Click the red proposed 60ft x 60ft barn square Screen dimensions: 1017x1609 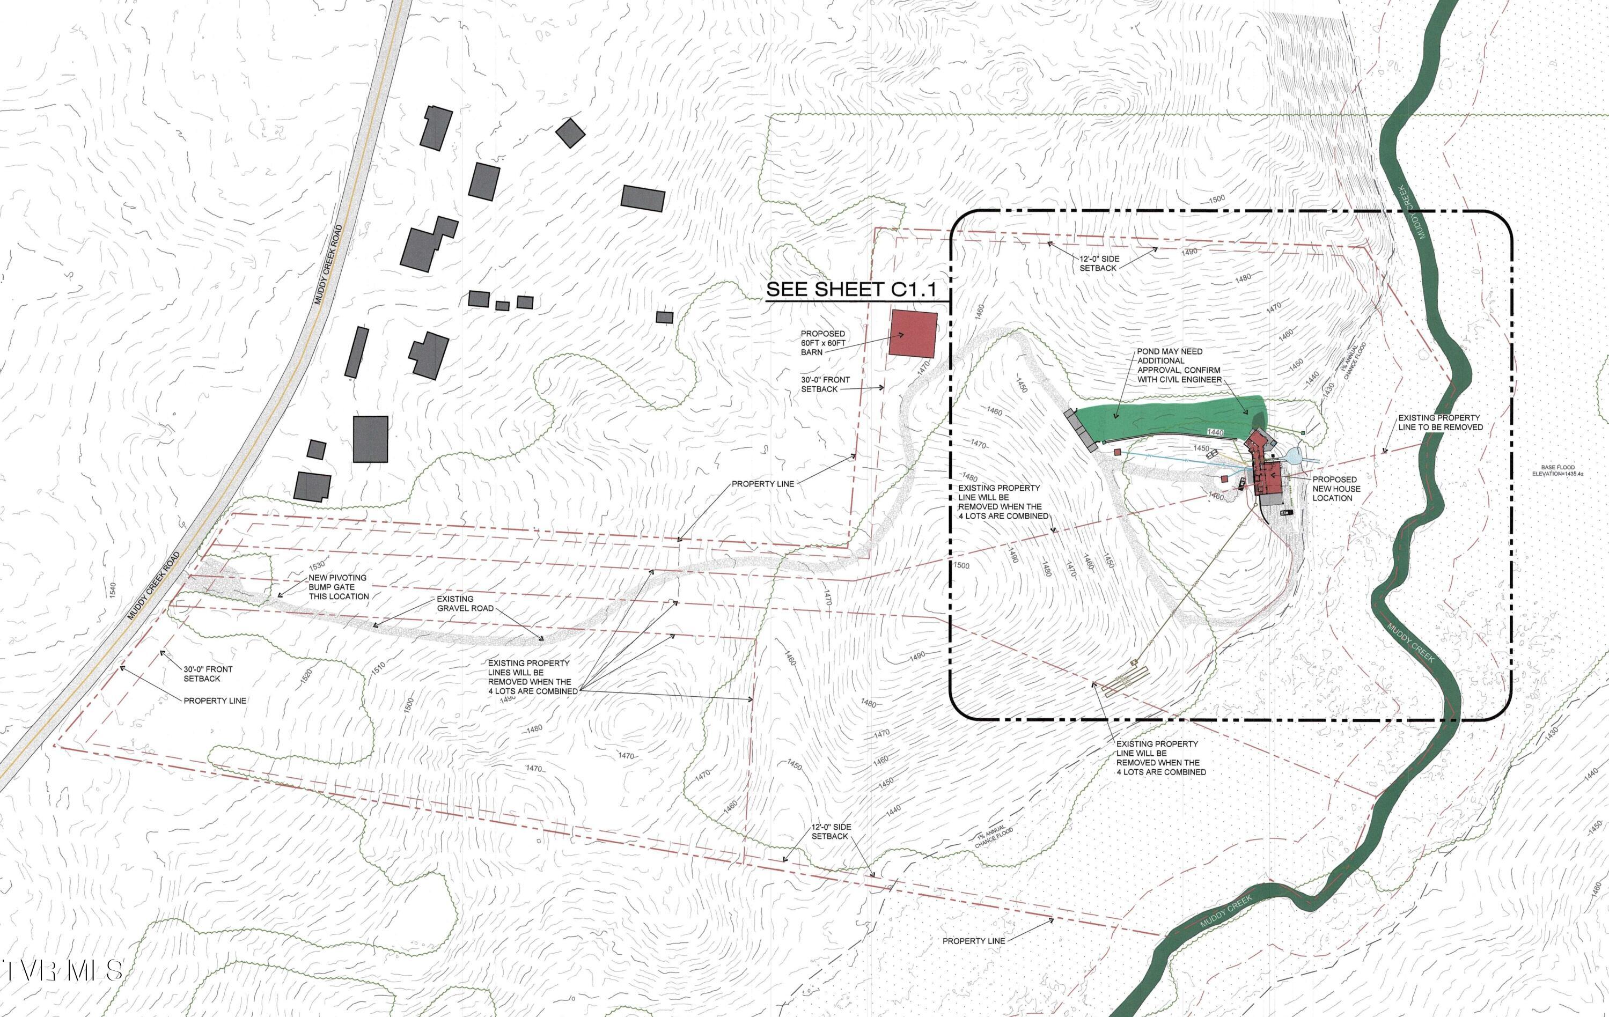[x=913, y=334]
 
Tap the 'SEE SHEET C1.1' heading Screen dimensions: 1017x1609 [x=850, y=290]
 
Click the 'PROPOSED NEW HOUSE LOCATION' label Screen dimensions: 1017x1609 [x=1334, y=489]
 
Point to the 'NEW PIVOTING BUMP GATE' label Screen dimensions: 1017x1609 [x=338, y=587]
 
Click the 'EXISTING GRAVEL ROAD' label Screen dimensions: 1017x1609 [x=465, y=603]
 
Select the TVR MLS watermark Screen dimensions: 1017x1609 [x=63, y=971]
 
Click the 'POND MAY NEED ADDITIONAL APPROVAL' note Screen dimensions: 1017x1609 [x=1179, y=365]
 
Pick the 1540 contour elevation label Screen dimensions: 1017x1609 [x=113, y=591]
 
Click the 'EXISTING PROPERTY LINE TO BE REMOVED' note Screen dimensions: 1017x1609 [x=1440, y=422]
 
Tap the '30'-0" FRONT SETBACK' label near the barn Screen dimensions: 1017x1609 [x=825, y=384]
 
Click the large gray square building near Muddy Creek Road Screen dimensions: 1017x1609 [x=370, y=439]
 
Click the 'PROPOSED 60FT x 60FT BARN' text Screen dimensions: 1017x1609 [x=823, y=343]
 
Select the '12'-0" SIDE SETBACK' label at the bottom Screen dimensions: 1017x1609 [x=831, y=831]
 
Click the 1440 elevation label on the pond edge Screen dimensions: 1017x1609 [x=1215, y=433]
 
